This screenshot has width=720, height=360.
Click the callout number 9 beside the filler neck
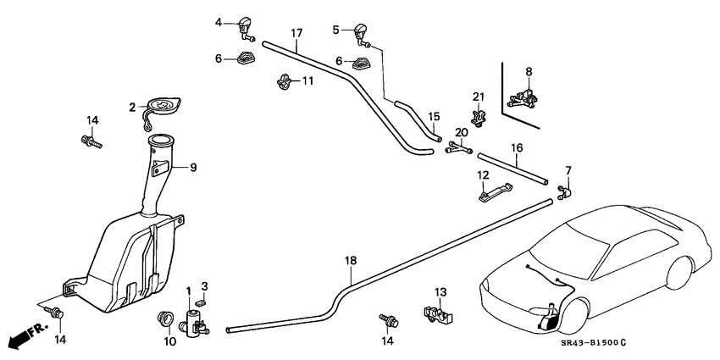click(193, 168)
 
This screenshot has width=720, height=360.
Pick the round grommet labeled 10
click(166, 320)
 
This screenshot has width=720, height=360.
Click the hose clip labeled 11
click(285, 82)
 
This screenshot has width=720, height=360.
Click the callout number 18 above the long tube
click(350, 261)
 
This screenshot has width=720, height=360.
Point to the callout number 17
click(296, 33)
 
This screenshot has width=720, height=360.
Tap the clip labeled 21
click(479, 119)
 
